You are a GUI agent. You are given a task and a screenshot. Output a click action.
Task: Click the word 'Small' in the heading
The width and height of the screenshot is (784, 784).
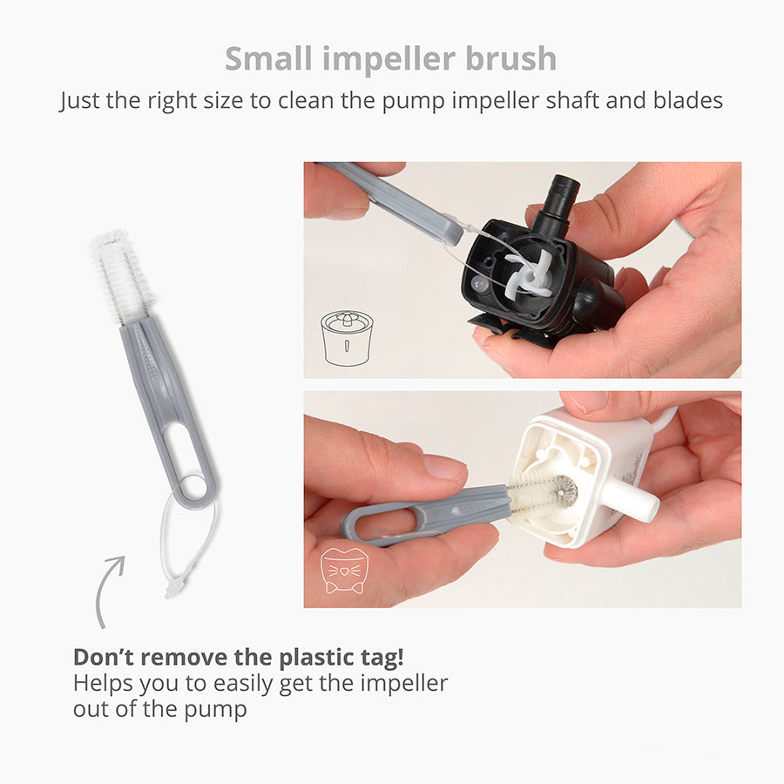tap(268, 58)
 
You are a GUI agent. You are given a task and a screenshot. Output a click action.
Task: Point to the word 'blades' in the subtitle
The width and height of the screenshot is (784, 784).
tap(688, 100)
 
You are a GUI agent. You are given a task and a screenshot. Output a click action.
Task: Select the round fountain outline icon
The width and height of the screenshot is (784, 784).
tap(347, 339)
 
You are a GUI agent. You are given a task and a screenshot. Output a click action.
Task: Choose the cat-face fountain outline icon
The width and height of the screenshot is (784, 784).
tap(343, 571)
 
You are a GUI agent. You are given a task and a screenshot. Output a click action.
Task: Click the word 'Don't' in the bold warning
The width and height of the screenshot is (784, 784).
tap(105, 657)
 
